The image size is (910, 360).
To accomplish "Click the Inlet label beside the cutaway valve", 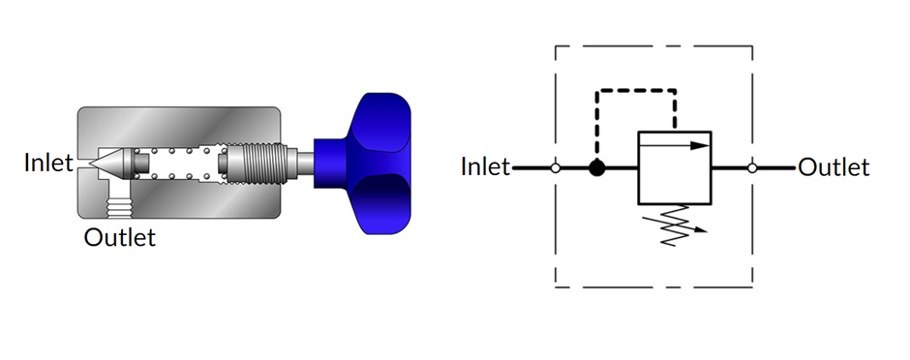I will (x=48, y=163).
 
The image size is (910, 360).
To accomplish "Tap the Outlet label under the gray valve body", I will (x=119, y=237).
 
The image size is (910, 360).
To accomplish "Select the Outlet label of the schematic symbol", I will (x=834, y=167).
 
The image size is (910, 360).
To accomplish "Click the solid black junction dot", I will (x=596, y=168).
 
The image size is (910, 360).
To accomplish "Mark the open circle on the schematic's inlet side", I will (x=555, y=168).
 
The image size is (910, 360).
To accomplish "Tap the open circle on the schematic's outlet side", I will (x=753, y=168).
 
